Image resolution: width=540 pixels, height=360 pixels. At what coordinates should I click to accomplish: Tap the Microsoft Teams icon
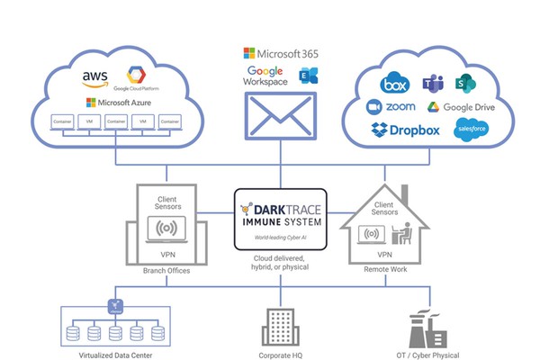[x=430, y=84]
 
